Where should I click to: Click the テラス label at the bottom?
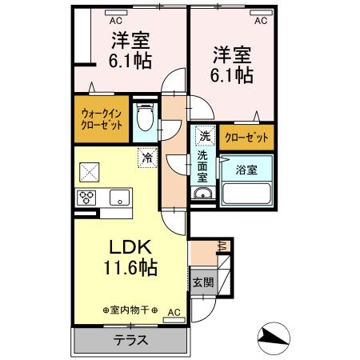point(130,339)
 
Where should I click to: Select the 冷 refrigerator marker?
point(147,158)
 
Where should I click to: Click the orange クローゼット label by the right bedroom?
point(246,137)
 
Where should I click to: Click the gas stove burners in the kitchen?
point(86,198)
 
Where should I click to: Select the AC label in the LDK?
point(174,314)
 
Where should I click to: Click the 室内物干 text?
point(130,310)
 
